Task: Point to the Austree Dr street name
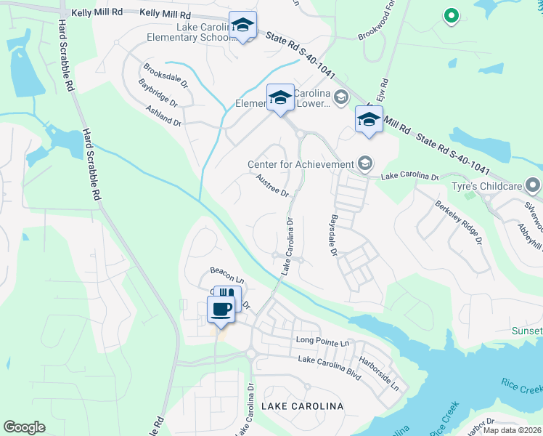pos(273,185)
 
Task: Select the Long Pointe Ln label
pos(322,341)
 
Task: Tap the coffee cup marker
pos(221,310)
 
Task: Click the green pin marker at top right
pos(450,15)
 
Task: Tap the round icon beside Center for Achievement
pos(364,163)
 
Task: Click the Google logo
pos(25,427)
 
